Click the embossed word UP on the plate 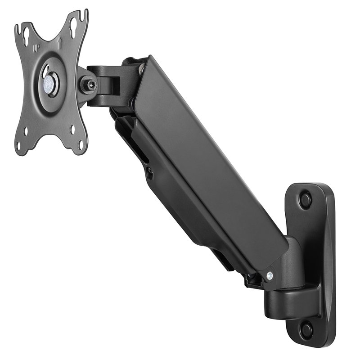(36, 48)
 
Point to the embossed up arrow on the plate (60, 44)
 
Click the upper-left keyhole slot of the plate (27, 34)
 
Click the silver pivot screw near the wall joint (270, 275)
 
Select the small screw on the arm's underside (149, 171)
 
